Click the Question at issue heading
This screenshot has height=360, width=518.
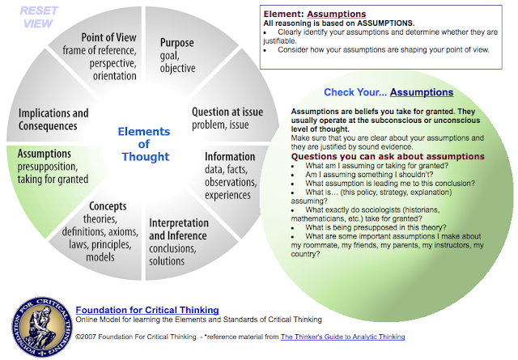click(227, 113)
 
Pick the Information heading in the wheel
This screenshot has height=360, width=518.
click(230, 156)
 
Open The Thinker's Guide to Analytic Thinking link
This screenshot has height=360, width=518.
click(342, 337)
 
